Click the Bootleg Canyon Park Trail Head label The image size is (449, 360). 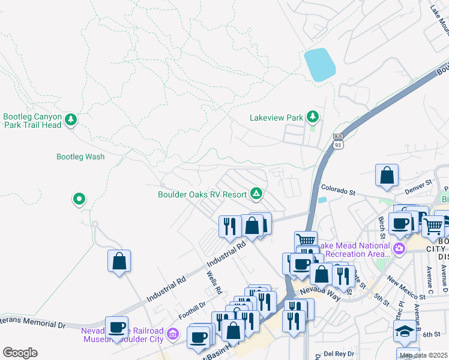click(x=32, y=121)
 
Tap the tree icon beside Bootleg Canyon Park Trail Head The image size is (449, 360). click(x=71, y=121)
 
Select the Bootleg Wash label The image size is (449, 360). click(x=80, y=157)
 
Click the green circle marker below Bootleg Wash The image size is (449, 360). click(x=79, y=199)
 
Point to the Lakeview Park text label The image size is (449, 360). click(x=276, y=118)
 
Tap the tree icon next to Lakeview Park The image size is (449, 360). click(x=312, y=116)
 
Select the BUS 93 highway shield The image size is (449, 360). click(x=338, y=142)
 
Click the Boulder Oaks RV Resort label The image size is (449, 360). click(x=202, y=194)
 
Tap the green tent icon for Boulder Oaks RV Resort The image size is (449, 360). click(x=256, y=193)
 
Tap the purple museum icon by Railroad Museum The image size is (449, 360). click(x=173, y=333)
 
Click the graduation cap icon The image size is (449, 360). click(x=405, y=331)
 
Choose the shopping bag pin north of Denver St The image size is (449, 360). click(x=387, y=175)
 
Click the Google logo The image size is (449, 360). click(x=20, y=352)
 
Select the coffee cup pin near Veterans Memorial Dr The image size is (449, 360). click(x=116, y=328)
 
